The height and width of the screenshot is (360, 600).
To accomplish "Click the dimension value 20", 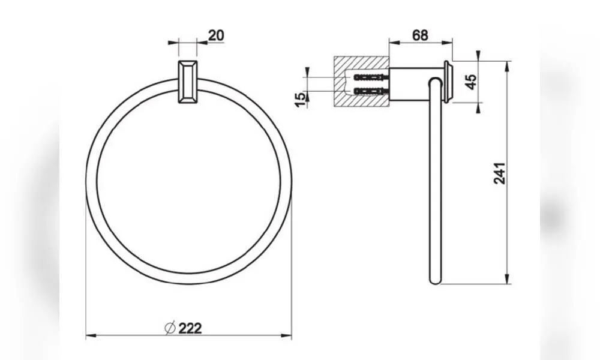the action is click(216, 35).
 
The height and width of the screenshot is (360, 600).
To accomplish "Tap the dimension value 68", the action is click(420, 35).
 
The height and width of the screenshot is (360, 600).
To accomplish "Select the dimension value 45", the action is click(472, 82).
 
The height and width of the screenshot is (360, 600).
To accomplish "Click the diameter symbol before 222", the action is click(170, 328).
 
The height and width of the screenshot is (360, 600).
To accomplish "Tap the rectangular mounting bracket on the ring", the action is click(188, 82).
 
